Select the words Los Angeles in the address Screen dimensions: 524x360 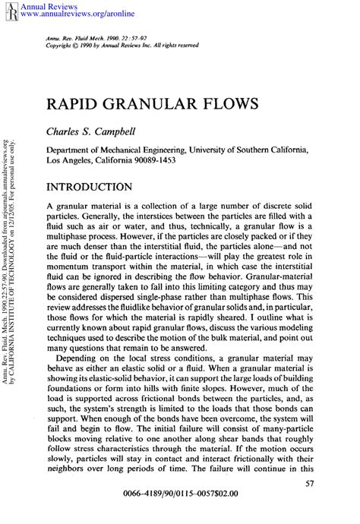pyautogui.click(x=71, y=162)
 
